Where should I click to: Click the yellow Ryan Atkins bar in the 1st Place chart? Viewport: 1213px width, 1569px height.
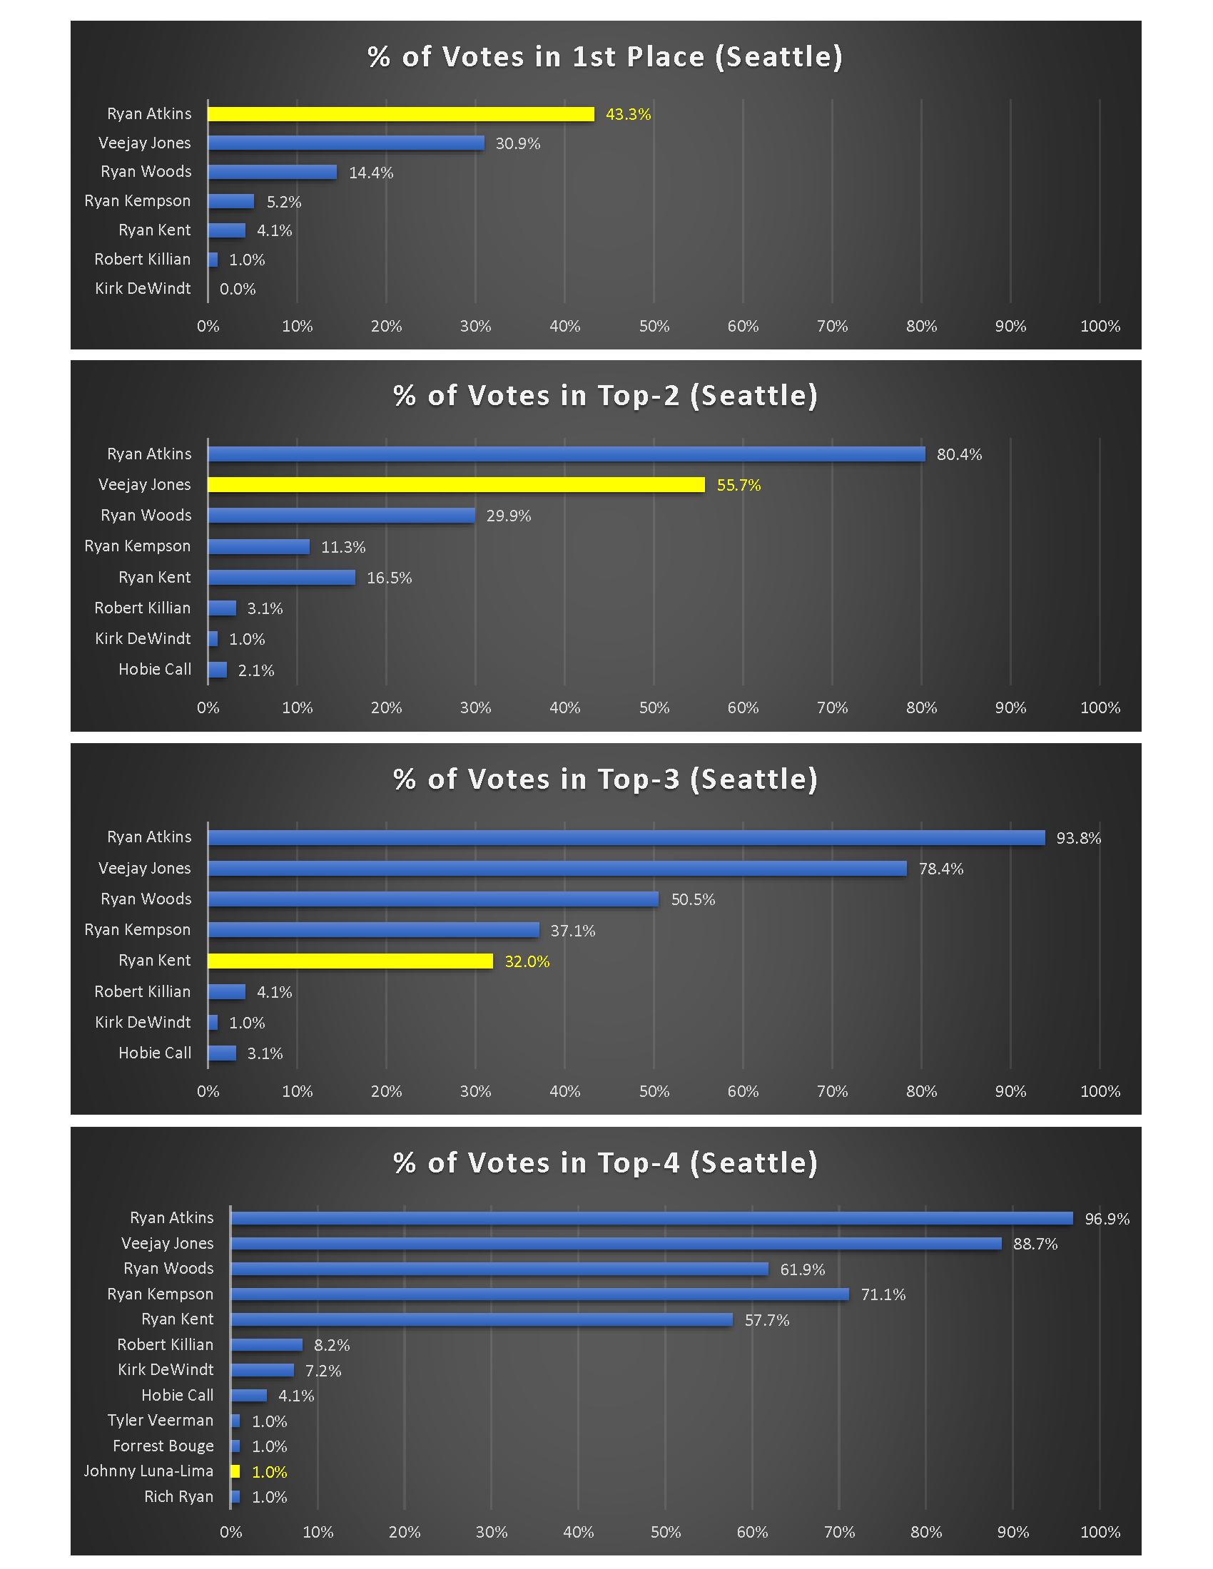pyautogui.click(x=400, y=114)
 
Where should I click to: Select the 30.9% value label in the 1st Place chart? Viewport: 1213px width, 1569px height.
pyautogui.click(x=517, y=143)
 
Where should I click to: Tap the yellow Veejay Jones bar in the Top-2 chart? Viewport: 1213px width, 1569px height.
pyautogui.click(x=456, y=485)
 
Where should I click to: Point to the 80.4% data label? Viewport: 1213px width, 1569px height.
pyautogui.click(x=958, y=455)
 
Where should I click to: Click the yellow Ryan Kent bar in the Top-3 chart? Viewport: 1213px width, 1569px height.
pyautogui.click(x=350, y=961)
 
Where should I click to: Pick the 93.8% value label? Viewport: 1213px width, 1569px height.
pyautogui.click(x=1078, y=839)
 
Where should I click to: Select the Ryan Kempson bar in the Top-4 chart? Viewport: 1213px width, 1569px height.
pyautogui.click(x=539, y=1294)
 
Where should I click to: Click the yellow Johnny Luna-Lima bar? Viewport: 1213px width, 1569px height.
pyautogui.click(x=235, y=1471)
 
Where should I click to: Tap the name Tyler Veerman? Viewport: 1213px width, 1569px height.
pyautogui.click(x=161, y=1420)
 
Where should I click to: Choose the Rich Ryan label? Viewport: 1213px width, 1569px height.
pyautogui.click(x=178, y=1496)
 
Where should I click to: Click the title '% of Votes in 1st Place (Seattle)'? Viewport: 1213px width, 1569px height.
pyautogui.click(x=605, y=57)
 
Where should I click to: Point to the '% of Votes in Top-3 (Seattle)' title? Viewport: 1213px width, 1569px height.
pyautogui.click(x=605, y=780)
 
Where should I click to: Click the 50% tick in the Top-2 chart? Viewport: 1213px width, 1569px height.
pyautogui.click(x=654, y=707)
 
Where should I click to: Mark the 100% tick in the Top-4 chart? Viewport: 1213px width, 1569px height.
pyautogui.click(x=1100, y=1533)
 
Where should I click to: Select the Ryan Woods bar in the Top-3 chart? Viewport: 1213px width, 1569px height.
pyautogui.click(x=432, y=899)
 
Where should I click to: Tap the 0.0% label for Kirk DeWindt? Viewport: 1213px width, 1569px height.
pyautogui.click(x=237, y=290)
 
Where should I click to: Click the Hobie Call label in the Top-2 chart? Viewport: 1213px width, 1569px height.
pyautogui.click(x=155, y=670)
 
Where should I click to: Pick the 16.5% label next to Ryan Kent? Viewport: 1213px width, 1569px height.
pyautogui.click(x=389, y=578)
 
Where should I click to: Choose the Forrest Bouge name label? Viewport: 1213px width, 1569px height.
pyautogui.click(x=163, y=1446)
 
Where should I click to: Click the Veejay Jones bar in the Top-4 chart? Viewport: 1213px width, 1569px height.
pyautogui.click(x=616, y=1244)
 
